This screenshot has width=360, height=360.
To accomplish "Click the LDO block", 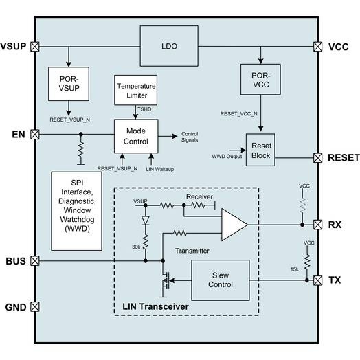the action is pyautogui.click(x=169, y=46).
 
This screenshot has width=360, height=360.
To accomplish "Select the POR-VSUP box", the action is pyautogui.click(x=69, y=84).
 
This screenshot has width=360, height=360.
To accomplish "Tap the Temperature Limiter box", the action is pyautogui.click(x=136, y=90).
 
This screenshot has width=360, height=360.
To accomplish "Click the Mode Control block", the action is pyautogui.click(x=136, y=136).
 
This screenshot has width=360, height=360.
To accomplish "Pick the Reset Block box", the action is pyautogui.click(x=260, y=150).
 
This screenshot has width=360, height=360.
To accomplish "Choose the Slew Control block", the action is pyautogui.click(x=221, y=280).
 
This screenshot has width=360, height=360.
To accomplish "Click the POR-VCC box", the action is pyautogui.click(x=260, y=79).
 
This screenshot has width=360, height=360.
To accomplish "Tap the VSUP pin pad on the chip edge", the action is pyautogui.click(x=35, y=47).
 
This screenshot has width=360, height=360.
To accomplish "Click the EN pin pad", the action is pyautogui.click(x=35, y=134).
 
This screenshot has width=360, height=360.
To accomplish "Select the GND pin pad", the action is pyautogui.click(x=35, y=306).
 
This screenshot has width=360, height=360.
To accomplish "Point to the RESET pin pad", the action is pyautogui.click(x=318, y=158).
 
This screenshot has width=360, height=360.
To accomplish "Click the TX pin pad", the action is pyautogui.click(x=318, y=280).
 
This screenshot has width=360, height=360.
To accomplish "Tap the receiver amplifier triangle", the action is pyautogui.click(x=234, y=225).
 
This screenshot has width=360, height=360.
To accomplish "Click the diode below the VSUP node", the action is pyautogui.click(x=146, y=221).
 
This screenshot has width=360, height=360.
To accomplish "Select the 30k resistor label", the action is pyautogui.click(x=136, y=247).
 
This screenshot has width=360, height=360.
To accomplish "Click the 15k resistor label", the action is pyautogui.click(x=295, y=269).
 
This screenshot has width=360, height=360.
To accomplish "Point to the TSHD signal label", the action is pyautogui.click(x=144, y=109).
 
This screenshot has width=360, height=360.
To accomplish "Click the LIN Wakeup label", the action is pyautogui.click(x=160, y=169).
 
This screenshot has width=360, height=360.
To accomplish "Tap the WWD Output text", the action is pyautogui.click(x=227, y=157).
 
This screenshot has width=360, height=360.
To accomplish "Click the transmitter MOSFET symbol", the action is pyautogui.click(x=165, y=280).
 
